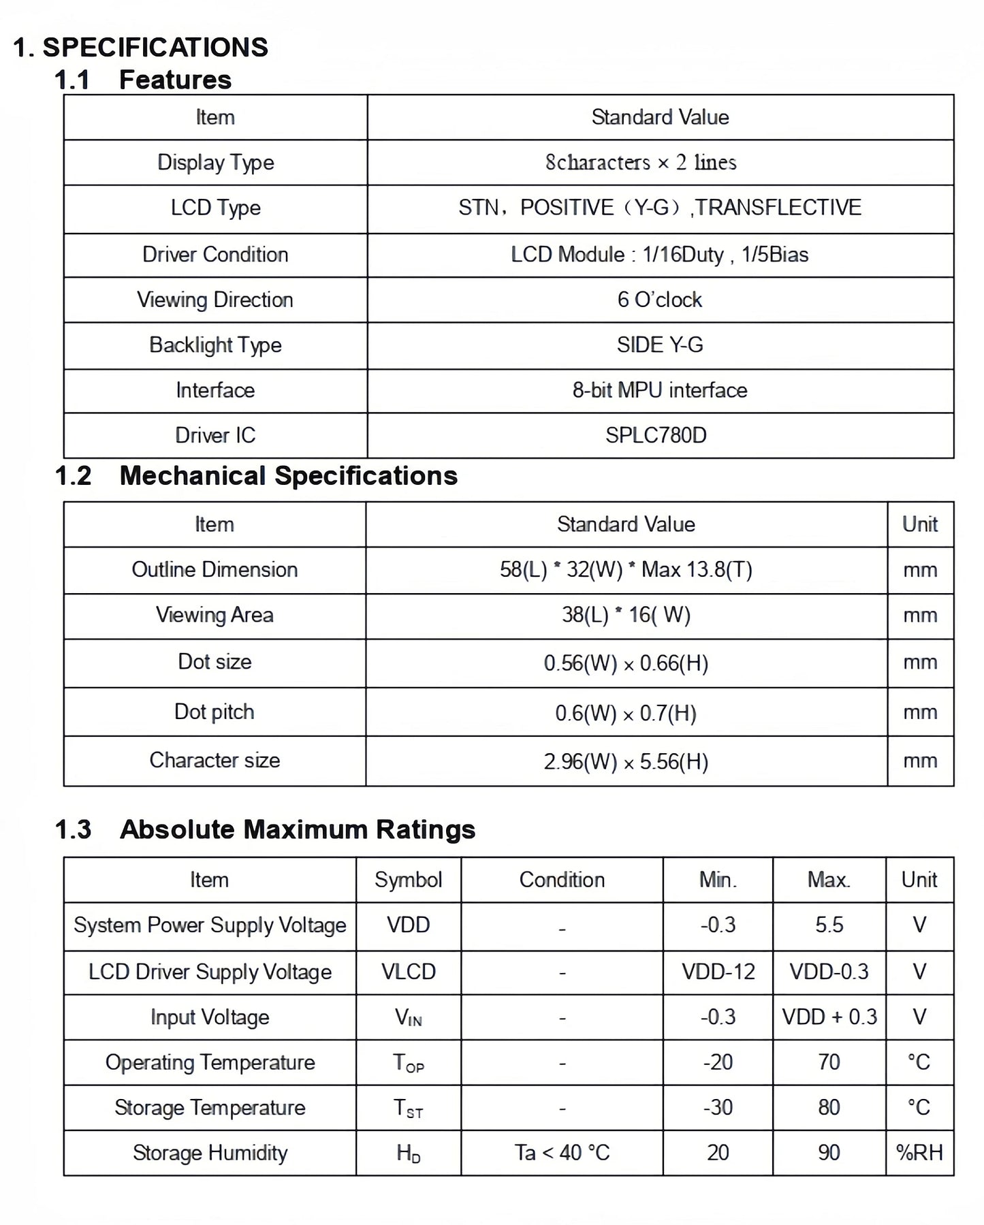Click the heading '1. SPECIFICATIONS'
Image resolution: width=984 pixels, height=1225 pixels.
pos(141,48)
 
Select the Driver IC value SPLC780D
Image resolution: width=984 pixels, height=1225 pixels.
pos(656,435)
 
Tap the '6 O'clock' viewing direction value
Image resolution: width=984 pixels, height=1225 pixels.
pos(659,300)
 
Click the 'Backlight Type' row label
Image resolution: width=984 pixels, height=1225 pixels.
pos(215,345)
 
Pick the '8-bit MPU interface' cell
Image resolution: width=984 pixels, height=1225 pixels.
pos(659,390)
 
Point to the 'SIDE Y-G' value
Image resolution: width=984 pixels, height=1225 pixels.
pos(659,345)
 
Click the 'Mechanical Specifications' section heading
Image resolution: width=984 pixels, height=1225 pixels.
pos(288,476)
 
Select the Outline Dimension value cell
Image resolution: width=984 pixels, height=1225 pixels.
pos(626,569)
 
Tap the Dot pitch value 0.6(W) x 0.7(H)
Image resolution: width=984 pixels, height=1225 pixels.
pos(626,713)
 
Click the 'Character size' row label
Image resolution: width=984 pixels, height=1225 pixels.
pos(215,760)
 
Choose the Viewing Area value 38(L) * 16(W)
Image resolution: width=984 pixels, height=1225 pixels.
pos(626,615)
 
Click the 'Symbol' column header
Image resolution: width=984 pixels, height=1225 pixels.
pos(408,880)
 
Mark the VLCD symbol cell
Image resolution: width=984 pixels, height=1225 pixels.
pos(408,972)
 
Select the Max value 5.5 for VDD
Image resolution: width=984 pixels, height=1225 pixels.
pos(829,925)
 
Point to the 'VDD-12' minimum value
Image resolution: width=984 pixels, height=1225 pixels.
pos(718,972)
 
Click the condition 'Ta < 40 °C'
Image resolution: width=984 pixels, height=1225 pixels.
pos(562,1153)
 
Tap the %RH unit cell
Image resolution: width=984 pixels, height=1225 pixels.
pos(919,1153)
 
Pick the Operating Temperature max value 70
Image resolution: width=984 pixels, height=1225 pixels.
pos(829,1062)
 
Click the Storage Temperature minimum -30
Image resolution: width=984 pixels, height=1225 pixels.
pos(718,1108)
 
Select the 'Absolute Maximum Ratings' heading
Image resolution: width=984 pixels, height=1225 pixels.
pos(298,830)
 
